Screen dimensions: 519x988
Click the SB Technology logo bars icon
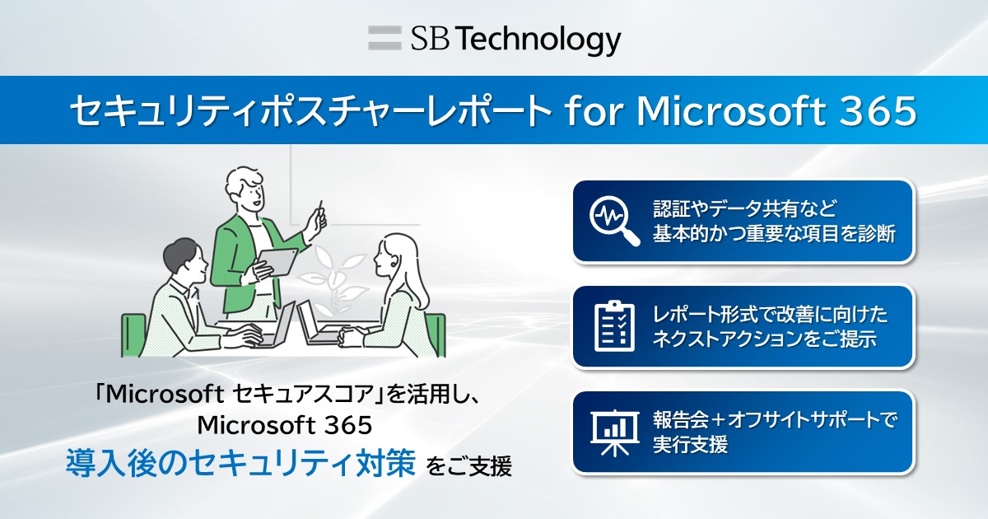[x=384, y=38]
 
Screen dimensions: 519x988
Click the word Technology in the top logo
[x=538, y=38]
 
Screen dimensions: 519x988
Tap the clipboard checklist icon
[x=614, y=326]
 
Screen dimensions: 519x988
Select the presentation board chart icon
[x=614, y=431]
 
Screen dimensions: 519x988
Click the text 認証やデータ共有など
[x=744, y=207]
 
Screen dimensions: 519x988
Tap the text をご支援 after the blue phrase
[x=469, y=468]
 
